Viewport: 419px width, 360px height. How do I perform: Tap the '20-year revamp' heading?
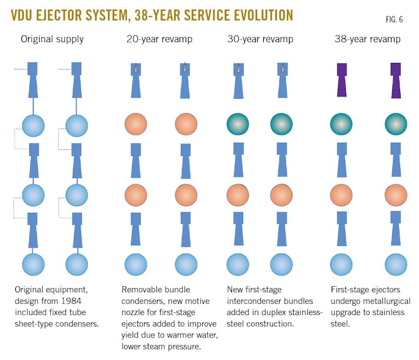tap(160, 39)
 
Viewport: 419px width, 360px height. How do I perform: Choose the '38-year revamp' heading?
tap(368, 39)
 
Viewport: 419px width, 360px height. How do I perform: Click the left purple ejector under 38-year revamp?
tap(342, 79)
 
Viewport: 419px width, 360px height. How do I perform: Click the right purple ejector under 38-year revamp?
tap(396, 79)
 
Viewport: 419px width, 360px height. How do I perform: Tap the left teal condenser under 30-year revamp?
tap(238, 124)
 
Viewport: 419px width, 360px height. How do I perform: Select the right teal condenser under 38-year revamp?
tap(396, 124)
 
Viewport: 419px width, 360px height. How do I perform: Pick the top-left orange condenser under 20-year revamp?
tap(136, 124)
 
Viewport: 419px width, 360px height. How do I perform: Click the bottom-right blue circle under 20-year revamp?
tap(186, 265)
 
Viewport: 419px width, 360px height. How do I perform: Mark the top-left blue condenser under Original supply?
tap(33, 126)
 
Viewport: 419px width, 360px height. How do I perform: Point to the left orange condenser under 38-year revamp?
tap(342, 195)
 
